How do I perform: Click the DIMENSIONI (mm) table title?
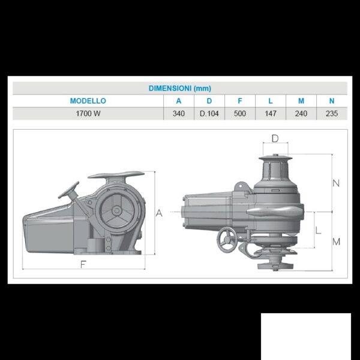coord(180,88)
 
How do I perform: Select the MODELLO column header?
coord(88,101)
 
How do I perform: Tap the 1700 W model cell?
coord(88,113)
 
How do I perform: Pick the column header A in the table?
coord(179,101)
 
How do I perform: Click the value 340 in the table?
coord(179,113)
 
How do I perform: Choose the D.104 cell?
coord(209,113)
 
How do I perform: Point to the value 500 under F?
coord(240,113)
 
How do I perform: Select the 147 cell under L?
coord(271,113)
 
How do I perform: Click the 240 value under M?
coord(301,113)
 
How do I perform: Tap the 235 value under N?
coord(332,113)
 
